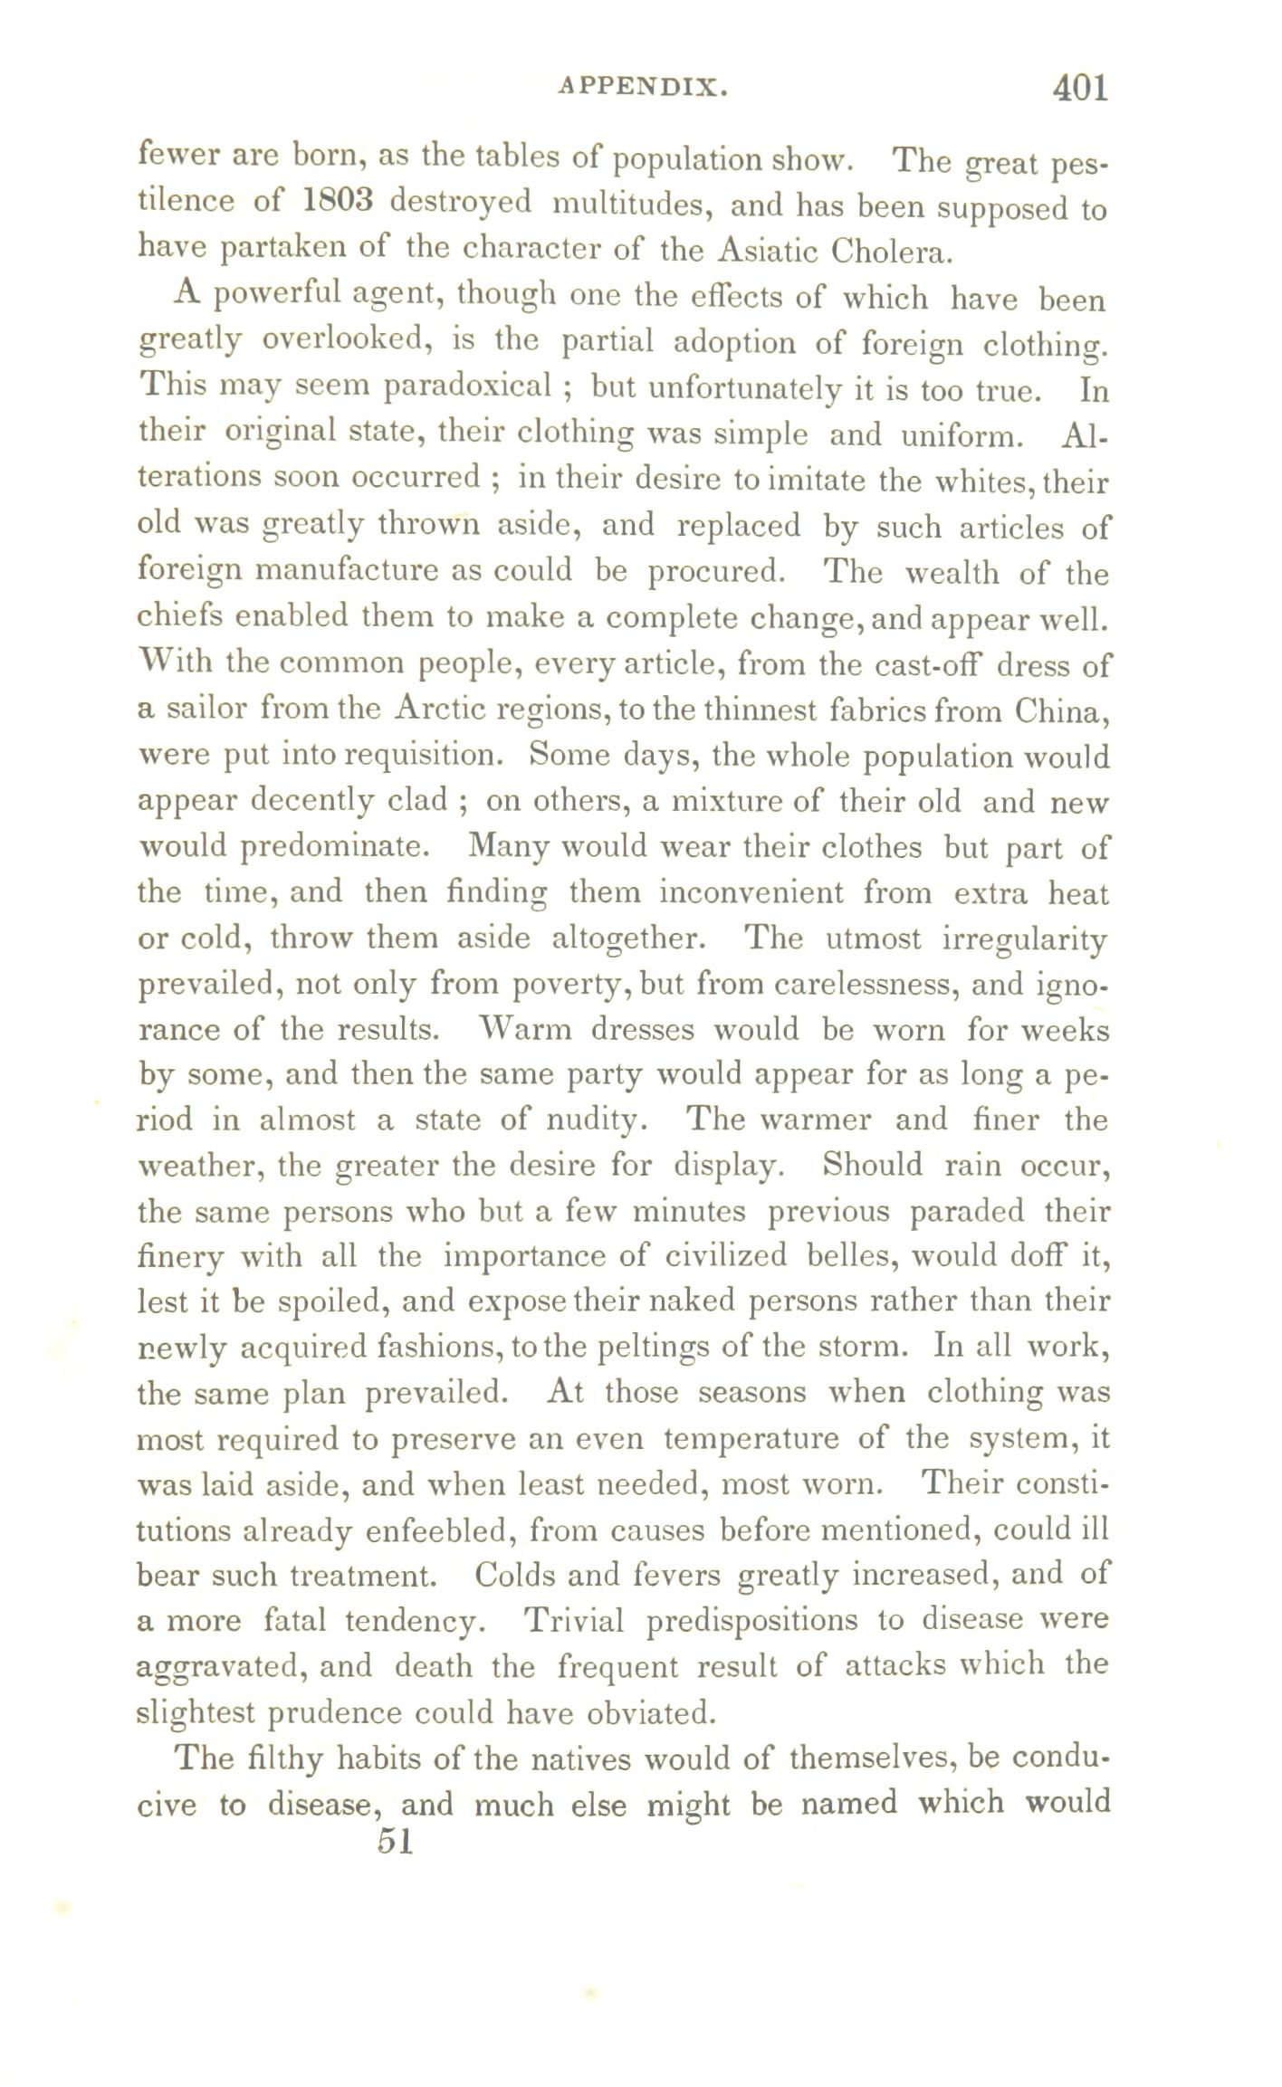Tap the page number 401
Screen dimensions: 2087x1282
tap(1078, 88)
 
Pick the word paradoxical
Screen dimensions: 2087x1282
tap(468, 387)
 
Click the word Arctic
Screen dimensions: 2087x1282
tap(440, 710)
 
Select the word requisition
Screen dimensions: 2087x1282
tap(414, 757)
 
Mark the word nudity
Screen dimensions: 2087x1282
tap(592, 1121)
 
